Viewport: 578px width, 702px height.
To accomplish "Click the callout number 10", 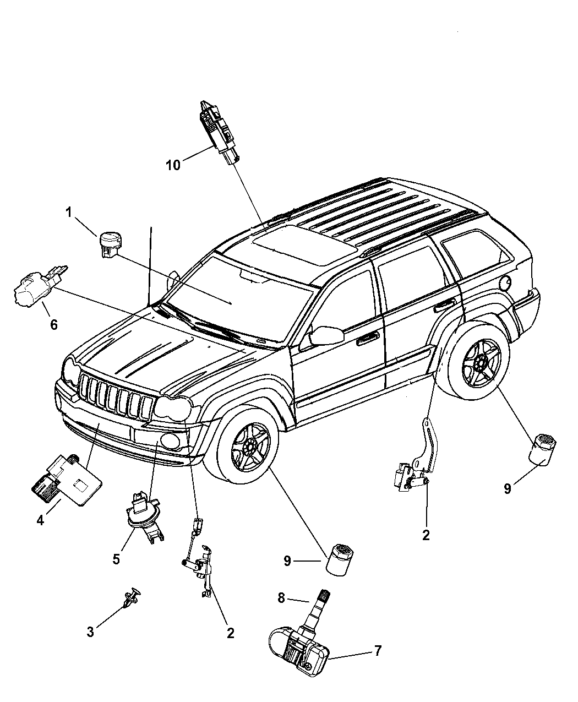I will pos(173,165).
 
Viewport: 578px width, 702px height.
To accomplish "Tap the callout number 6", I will pos(53,325).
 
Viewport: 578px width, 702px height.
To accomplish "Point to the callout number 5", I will pos(116,559).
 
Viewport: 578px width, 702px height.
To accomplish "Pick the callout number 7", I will pos(378,651).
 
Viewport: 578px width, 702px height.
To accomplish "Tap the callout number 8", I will pos(281,597).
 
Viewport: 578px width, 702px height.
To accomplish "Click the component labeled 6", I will pos(36,290).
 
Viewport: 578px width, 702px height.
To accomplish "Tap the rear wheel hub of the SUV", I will pos(481,363).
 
